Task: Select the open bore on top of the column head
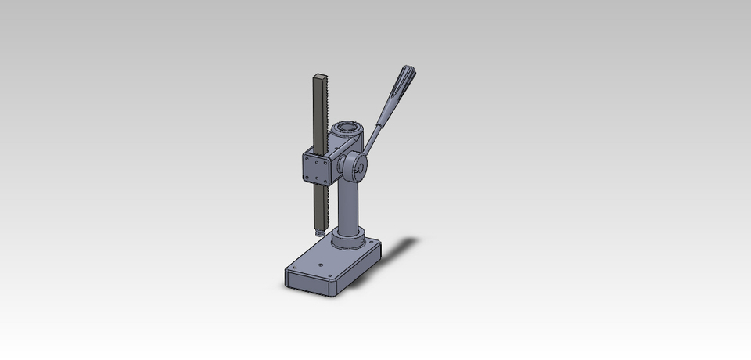click(346, 127)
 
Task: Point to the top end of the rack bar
click(319, 77)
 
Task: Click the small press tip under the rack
click(318, 233)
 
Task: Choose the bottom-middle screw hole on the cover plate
click(317, 178)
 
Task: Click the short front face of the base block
click(310, 283)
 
